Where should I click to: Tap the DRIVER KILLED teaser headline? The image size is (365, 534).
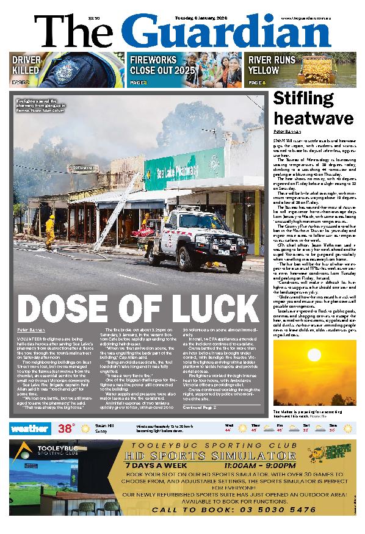pyautogui.click(x=27, y=65)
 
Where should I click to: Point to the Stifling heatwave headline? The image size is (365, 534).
pyautogui.click(x=313, y=107)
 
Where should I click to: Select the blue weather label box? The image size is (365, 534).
pyautogui.click(x=29, y=428)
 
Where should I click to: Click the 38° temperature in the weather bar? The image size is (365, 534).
pyautogui.click(x=66, y=428)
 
